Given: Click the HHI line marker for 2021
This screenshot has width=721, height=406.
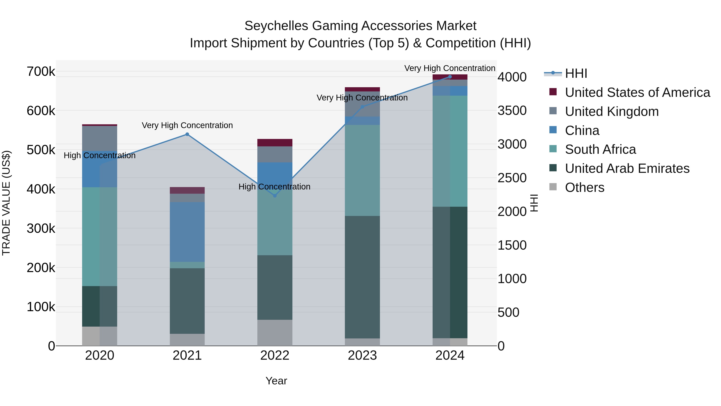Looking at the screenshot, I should (187, 134).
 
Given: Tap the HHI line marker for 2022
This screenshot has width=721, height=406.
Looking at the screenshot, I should (275, 196).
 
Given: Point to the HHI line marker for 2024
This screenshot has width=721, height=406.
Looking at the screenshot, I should (450, 77).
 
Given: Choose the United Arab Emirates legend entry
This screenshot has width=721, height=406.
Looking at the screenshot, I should (627, 168).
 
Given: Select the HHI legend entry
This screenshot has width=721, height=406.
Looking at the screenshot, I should (576, 73).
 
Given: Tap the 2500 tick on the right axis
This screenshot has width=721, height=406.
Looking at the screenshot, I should (512, 178).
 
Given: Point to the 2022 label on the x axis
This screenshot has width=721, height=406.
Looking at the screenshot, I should (275, 355).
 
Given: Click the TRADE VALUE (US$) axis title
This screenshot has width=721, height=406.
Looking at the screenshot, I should (6, 203).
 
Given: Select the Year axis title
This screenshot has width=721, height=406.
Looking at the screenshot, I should (276, 381).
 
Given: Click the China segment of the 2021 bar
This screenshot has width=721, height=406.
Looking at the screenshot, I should (187, 232).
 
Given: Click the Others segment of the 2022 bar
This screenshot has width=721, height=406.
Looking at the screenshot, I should (275, 333).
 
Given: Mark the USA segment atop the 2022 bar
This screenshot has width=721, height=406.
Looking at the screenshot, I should (275, 143).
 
